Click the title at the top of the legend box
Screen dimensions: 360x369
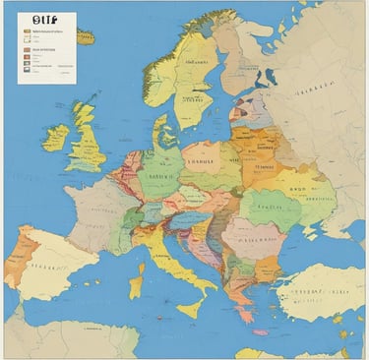pos(45,18)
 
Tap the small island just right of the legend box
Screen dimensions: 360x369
pos(87,37)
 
